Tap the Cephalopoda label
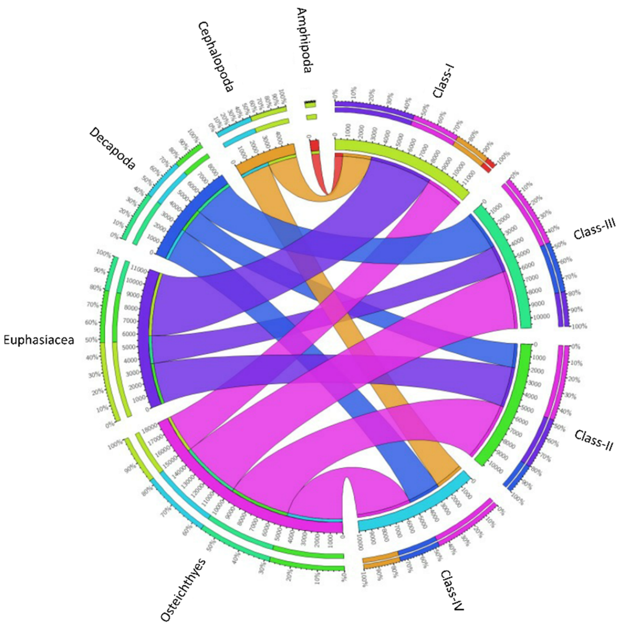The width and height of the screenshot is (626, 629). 216,57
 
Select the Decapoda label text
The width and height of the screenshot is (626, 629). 112,148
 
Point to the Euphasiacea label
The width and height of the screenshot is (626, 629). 39,340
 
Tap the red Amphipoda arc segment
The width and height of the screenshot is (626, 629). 314,145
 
